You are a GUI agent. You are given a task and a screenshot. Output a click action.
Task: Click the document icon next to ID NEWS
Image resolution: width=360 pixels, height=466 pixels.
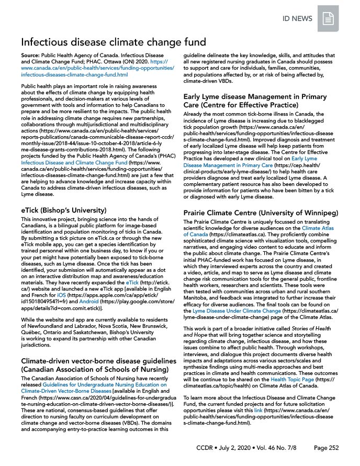coord(328,19)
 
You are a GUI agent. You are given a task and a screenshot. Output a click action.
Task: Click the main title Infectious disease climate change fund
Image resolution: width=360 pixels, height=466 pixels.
coord(113,42)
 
